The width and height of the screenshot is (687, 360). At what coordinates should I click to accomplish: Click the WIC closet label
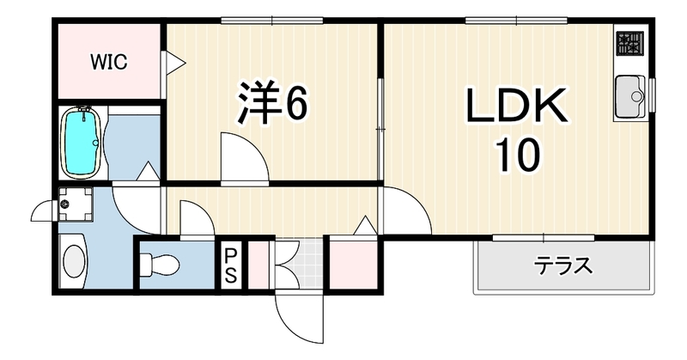pos(109,62)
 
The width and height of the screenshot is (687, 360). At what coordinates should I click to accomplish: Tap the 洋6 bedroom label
pos(271,102)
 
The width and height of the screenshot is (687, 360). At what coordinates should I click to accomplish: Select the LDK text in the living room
pos(517,105)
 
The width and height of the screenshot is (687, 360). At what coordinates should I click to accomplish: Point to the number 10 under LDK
pos(518,154)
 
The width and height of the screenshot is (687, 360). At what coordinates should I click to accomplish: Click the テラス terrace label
pos(563,265)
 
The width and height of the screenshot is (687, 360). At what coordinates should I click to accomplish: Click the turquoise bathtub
pos(82,143)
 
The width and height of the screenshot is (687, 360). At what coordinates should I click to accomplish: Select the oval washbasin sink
pos(74,261)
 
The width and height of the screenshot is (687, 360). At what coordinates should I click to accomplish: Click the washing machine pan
pos(76,204)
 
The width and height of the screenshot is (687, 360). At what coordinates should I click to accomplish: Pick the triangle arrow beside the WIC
pos(174,62)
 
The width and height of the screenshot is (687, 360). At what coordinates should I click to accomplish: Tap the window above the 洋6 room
pos(271,20)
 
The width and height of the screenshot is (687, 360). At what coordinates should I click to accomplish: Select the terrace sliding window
pos(544,238)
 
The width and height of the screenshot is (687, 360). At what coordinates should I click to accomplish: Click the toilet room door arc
pos(198,218)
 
